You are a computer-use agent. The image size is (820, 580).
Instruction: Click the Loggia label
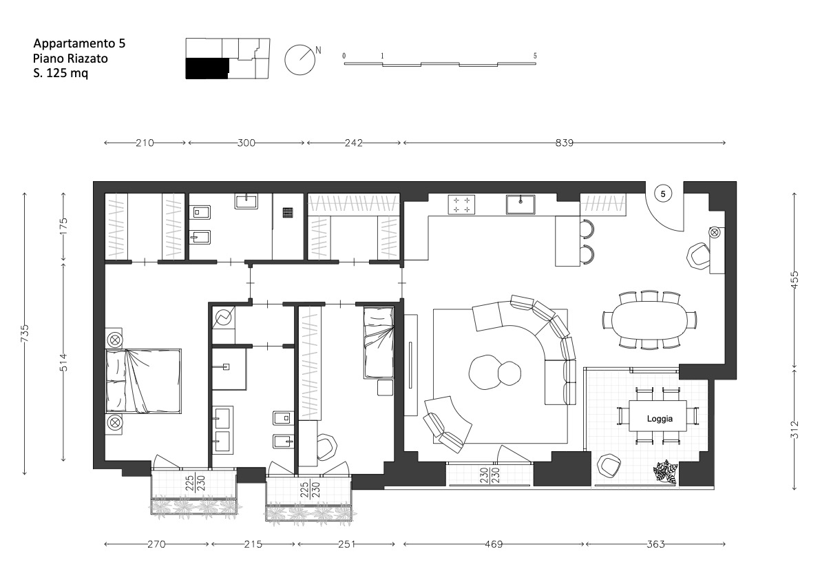pyautogui.click(x=660, y=418)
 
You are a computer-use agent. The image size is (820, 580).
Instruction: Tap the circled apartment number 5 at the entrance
pyautogui.click(x=663, y=194)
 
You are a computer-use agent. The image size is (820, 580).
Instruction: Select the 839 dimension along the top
pyautogui.click(x=565, y=143)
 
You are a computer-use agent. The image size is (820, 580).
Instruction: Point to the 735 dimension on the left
pyautogui.click(x=25, y=333)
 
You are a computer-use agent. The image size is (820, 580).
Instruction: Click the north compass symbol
pyautogui.click(x=302, y=59)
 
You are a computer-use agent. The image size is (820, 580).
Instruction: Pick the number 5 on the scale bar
pyautogui.click(x=535, y=55)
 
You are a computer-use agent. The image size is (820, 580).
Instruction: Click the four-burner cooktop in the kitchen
pyautogui.click(x=461, y=205)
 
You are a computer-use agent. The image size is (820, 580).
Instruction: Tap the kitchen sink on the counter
pyautogui.click(x=521, y=205)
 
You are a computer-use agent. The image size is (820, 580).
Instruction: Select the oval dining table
pyautogui.click(x=649, y=320)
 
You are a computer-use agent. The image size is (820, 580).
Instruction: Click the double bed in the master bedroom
pyautogui.click(x=143, y=381)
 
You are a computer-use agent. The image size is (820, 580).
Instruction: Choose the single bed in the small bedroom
pyautogui.click(x=379, y=342)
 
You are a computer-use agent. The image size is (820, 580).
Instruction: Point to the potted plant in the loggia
pyautogui.click(x=664, y=472)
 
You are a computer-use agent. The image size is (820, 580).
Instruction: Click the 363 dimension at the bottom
pyautogui.click(x=655, y=544)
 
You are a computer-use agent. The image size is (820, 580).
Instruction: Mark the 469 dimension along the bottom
pyautogui.click(x=494, y=544)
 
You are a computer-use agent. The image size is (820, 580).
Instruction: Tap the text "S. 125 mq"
pyautogui.click(x=61, y=73)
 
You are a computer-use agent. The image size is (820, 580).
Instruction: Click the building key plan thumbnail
pyautogui.click(x=227, y=59)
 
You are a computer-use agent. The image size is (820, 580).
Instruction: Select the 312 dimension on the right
pyautogui.click(x=795, y=429)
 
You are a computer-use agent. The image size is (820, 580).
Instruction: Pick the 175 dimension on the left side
pyautogui.click(x=64, y=226)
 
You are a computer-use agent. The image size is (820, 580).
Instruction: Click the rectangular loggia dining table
pyautogui.click(x=658, y=416)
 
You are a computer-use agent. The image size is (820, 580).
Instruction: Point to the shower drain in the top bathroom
pyautogui.click(x=288, y=212)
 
